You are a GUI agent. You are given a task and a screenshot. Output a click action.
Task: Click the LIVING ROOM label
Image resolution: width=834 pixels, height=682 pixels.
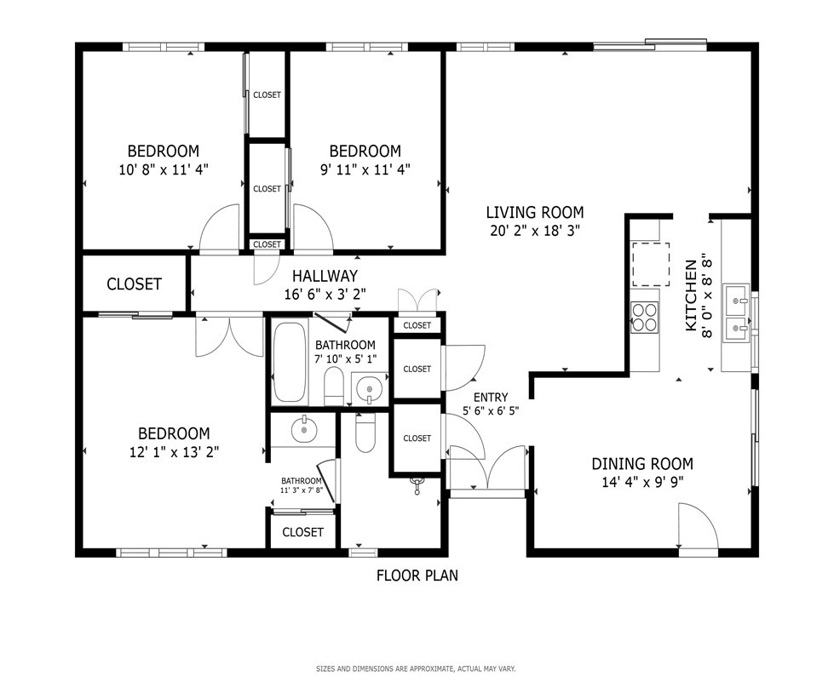click(534, 213)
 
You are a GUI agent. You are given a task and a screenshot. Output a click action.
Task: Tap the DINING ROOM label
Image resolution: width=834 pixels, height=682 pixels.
click(642, 464)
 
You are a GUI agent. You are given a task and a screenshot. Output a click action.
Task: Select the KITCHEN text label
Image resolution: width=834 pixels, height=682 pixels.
click(691, 295)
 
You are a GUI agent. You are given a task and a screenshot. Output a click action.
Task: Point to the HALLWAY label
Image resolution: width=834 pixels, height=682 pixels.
click(325, 276)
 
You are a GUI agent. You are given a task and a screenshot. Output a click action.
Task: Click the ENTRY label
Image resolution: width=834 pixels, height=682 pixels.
click(491, 397)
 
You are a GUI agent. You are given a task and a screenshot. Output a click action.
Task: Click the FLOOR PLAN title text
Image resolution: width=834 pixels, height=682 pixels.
click(417, 576)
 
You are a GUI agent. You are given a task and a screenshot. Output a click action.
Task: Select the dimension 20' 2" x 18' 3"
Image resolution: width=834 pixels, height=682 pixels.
click(534, 231)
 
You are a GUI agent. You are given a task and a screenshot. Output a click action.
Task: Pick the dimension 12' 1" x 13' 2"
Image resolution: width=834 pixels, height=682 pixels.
click(175, 452)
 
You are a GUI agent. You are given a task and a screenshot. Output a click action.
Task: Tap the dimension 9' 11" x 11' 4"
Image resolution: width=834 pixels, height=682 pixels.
click(365, 169)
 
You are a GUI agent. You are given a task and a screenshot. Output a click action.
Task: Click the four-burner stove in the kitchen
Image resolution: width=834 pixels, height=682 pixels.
click(644, 318)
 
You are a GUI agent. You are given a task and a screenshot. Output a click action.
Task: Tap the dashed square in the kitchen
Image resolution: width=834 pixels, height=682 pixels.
click(650, 264)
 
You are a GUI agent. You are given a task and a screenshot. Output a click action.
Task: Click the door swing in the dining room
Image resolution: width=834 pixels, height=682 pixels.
click(698, 525)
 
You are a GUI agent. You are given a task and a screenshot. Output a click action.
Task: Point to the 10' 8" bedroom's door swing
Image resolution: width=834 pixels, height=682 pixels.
click(220, 227)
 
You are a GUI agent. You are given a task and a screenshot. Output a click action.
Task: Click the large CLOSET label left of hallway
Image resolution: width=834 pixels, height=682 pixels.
click(134, 284)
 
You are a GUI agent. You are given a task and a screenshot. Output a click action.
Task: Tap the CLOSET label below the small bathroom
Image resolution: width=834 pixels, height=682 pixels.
click(302, 532)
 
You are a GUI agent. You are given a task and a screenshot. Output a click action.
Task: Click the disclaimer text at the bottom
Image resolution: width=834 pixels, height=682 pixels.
click(416, 668)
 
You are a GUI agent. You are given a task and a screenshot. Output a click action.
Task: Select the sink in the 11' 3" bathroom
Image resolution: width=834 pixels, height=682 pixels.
click(304, 429)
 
